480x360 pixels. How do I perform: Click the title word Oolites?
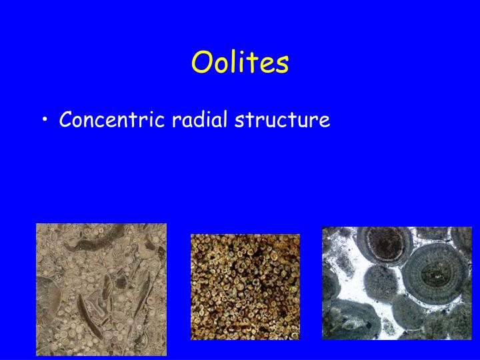click(240, 63)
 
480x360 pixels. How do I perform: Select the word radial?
click(198, 120)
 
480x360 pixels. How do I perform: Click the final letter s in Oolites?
click(283, 65)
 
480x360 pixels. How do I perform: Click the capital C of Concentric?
click(65, 120)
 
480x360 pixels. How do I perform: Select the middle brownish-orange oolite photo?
click(245, 287)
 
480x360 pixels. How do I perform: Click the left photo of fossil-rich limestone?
click(101, 289)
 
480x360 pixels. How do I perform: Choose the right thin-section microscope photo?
click(397, 283)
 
